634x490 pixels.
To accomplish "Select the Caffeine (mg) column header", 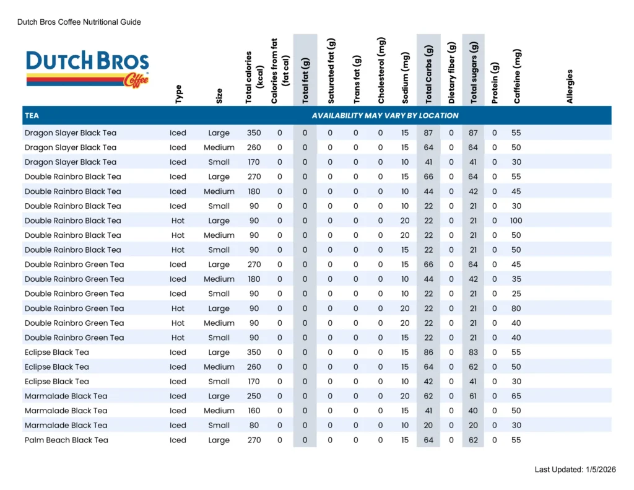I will click(517, 76).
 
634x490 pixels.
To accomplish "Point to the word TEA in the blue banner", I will click(32, 115).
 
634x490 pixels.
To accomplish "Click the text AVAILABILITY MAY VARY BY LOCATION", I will click(385, 115).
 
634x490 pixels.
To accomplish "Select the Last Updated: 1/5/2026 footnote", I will click(575, 470).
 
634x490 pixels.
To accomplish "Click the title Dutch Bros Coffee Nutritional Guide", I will click(79, 22).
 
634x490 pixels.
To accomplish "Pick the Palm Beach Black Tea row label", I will click(66, 440).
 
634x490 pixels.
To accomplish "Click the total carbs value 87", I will click(428, 133).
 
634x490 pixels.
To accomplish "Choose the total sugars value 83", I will click(473, 352).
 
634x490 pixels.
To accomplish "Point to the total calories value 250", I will click(254, 396).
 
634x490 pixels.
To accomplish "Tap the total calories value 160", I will click(254, 411).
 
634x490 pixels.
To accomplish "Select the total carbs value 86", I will click(428, 352).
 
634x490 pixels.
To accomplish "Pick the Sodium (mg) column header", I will click(406, 77).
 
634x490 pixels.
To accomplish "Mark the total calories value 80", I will click(254, 425).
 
